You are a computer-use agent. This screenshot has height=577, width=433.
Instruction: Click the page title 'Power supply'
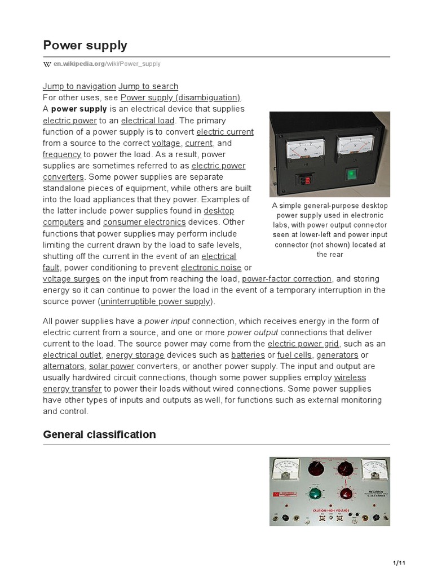pyautogui.click(x=85, y=45)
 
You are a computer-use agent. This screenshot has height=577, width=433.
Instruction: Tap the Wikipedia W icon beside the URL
pyautogui.click(x=47, y=64)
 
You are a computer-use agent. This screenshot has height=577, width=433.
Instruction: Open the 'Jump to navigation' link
pyautogui.click(x=79, y=86)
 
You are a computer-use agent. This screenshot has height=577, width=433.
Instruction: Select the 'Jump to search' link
pyautogui.click(x=148, y=86)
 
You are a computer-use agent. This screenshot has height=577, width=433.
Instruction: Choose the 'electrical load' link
pyautogui.click(x=148, y=121)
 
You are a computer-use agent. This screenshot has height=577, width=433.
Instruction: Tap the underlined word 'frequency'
pyautogui.click(x=62, y=154)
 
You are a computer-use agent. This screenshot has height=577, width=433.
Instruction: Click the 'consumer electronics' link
pyautogui.click(x=144, y=222)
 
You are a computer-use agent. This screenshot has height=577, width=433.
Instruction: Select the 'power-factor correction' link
pyautogui.click(x=286, y=278)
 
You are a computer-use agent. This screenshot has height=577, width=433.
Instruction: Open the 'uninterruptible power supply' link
pyautogui.click(x=156, y=301)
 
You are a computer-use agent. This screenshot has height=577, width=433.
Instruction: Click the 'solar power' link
pyautogui.click(x=112, y=366)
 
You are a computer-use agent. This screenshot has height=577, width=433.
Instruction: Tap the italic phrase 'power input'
pyautogui.click(x=167, y=321)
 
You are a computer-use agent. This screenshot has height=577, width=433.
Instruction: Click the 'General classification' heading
pyautogui.click(x=99, y=434)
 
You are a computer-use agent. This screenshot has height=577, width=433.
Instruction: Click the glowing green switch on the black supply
pyautogui.click(x=351, y=174)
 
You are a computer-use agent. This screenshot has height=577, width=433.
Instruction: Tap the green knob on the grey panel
pyautogui.click(x=315, y=494)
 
